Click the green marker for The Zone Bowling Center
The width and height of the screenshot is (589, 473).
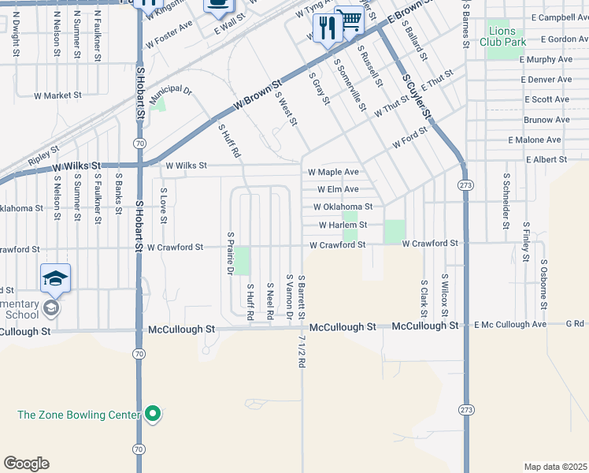pos(154,414)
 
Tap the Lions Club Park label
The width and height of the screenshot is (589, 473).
pos(506,35)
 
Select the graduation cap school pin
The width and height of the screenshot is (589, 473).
pos(55,279)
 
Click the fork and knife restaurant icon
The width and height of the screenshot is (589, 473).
pos(326,28)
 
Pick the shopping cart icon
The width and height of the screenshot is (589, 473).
pos(349,20)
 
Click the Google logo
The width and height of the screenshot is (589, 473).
pos(26,464)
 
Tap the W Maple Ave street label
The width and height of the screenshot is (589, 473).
pos(333,172)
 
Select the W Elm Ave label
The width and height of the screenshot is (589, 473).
pos(338,189)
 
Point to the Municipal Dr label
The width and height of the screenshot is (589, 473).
pos(171,91)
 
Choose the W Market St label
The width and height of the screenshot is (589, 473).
pos(57,95)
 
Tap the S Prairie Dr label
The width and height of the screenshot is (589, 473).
pos(231,253)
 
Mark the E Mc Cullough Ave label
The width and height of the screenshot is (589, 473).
pos(510,325)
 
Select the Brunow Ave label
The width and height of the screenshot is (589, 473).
pos(546,120)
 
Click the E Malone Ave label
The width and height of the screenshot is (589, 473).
pos(535,140)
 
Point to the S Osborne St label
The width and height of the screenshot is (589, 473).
pos(543,280)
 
